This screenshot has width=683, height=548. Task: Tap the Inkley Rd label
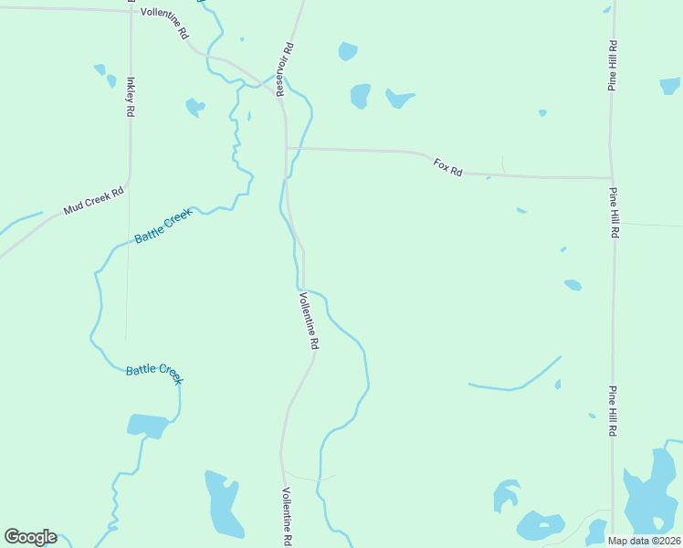[131, 96]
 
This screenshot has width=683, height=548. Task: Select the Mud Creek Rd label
[93, 202]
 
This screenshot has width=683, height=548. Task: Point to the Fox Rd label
[448, 167]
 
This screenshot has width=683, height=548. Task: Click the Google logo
[30, 537]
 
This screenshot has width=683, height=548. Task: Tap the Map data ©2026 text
[645, 541]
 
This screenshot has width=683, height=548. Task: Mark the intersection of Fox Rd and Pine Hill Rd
[612, 178]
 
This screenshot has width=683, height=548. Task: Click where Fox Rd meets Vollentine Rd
[287, 148]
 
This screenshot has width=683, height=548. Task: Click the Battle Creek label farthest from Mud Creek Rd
[154, 374]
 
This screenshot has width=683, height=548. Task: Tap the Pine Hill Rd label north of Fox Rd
[613, 65]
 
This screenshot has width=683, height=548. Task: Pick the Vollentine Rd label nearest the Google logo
[287, 516]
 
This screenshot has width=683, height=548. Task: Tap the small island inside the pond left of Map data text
[545, 524]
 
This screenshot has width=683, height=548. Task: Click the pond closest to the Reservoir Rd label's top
[347, 51]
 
